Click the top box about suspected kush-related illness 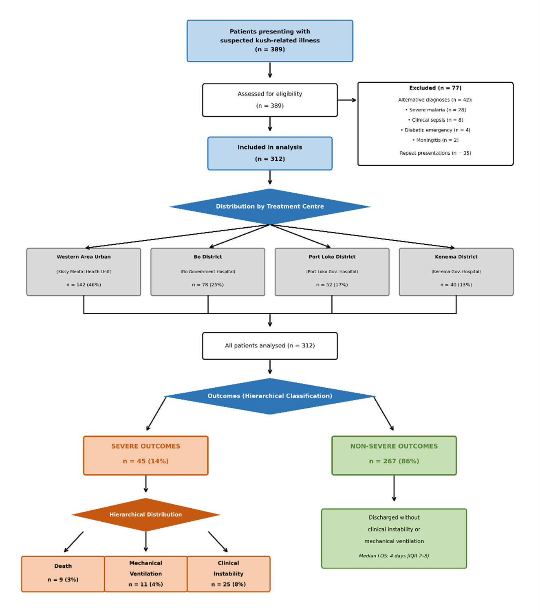270,41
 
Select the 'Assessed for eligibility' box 270,100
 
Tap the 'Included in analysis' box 270,153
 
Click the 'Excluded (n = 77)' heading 435,88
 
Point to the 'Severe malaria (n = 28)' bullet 435,110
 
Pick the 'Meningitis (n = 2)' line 435,140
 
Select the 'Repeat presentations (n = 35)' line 435,153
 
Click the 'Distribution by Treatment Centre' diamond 270,206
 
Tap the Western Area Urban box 84,272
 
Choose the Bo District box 208,272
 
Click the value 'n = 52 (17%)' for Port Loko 332,285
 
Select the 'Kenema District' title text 456,257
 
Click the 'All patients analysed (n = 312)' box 270,346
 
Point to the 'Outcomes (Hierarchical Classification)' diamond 270,396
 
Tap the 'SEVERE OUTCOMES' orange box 145,455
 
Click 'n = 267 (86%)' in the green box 394,461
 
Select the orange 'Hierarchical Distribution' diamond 145,514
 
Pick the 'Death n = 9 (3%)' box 63,573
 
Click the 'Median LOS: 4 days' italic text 394,556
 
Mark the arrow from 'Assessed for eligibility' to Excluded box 347,100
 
